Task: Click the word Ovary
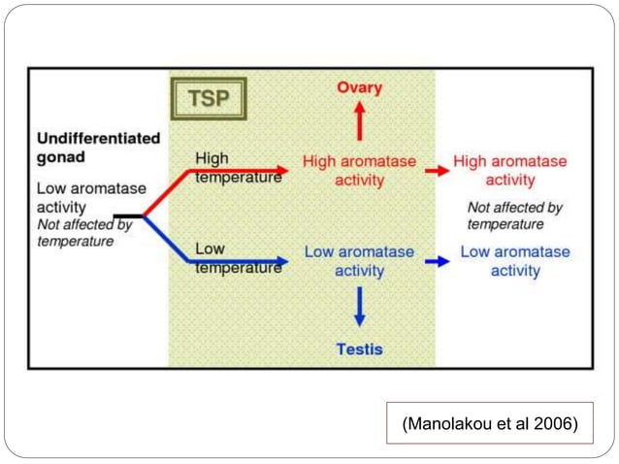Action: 359,88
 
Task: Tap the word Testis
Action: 359,349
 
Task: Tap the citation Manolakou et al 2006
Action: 489,423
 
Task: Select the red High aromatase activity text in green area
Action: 359,170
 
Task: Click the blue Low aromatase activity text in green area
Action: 359,261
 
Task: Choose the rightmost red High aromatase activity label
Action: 510,170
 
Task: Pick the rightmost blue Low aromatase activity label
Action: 514,261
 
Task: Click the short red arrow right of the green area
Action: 438,170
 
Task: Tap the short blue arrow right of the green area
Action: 438,261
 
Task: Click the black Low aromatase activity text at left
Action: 74,198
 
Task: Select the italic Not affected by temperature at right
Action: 514,215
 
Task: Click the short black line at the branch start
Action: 127,215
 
